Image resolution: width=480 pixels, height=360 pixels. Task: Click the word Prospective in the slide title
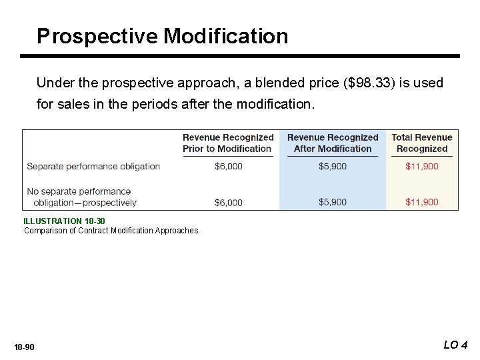[x=97, y=36]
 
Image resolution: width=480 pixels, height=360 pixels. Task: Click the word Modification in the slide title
[x=226, y=36]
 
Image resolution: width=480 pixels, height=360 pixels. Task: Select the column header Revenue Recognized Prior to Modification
[x=228, y=143]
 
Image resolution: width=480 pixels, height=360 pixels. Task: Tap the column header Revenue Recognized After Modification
[x=333, y=143]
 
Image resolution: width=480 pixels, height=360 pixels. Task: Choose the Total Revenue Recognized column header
[x=422, y=143]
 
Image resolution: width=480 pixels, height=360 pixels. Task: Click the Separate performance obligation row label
[x=93, y=166]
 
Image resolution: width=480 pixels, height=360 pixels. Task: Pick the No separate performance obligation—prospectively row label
[x=81, y=197]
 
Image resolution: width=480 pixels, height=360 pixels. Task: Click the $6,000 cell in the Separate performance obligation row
[x=229, y=167]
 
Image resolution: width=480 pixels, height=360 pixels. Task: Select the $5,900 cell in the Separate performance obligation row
[x=333, y=167]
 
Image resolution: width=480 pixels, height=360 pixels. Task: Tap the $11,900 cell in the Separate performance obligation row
[x=422, y=167]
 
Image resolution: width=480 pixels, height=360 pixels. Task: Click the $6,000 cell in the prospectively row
[x=229, y=202]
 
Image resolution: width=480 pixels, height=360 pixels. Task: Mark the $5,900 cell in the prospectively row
[x=333, y=202]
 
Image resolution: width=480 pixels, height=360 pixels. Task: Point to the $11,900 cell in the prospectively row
[x=422, y=202]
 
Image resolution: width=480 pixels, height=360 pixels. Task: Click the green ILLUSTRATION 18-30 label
[x=64, y=221]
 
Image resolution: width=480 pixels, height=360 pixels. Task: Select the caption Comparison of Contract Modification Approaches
[x=111, y=231]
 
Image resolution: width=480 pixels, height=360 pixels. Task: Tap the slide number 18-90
[x=24, y=347]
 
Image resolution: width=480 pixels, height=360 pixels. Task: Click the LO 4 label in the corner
[x=455, y=345]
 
